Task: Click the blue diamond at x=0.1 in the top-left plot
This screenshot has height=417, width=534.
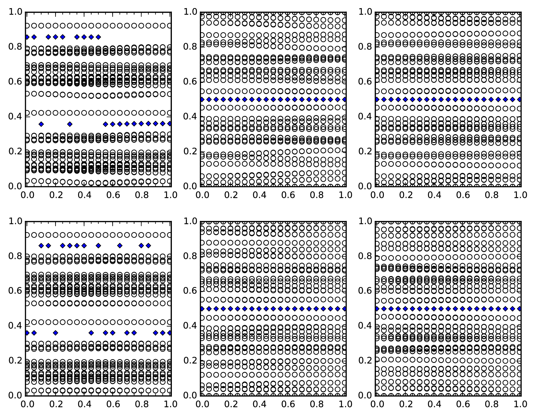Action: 41,124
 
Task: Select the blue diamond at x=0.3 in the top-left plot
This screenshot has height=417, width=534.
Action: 70,124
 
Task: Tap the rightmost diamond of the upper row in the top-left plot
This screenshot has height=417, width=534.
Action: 98,37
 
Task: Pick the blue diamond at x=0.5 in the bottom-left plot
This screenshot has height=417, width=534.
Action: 98,246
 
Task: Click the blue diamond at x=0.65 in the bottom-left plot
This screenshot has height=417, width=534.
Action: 120,246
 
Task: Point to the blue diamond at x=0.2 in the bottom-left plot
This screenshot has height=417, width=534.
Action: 55,333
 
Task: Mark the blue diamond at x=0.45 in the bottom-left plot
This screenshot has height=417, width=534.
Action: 91,333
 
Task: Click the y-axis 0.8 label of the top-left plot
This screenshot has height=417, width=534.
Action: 15,47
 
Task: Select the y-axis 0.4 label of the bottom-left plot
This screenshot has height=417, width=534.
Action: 15,326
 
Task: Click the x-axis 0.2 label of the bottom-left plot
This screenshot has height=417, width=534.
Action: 55,404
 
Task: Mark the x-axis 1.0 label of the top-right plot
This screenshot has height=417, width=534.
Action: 520,195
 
